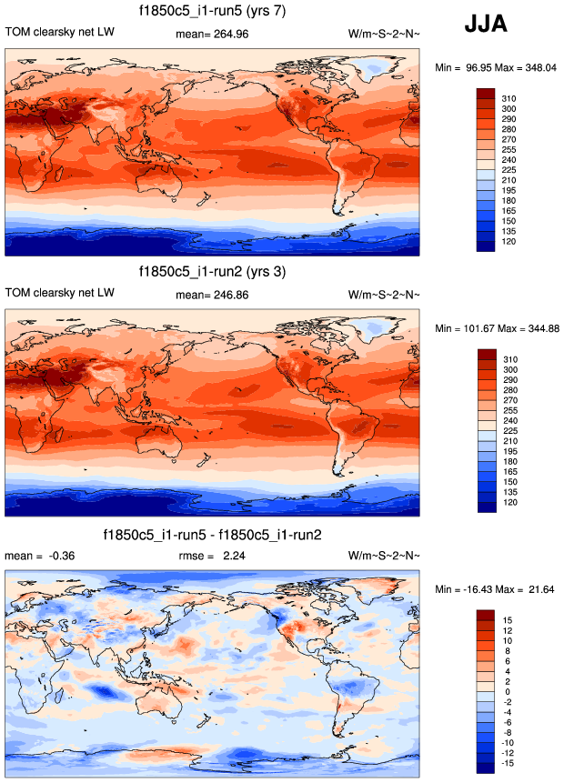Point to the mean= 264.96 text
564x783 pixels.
tap(211, 34)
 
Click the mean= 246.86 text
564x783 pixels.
tap(211, 295)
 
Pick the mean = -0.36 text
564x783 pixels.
tap(37, 556)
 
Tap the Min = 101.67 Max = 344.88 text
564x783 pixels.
tap(495, 328)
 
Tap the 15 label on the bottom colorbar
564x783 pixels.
tap(507, 619)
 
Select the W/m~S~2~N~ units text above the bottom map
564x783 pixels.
tap(384, 556)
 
